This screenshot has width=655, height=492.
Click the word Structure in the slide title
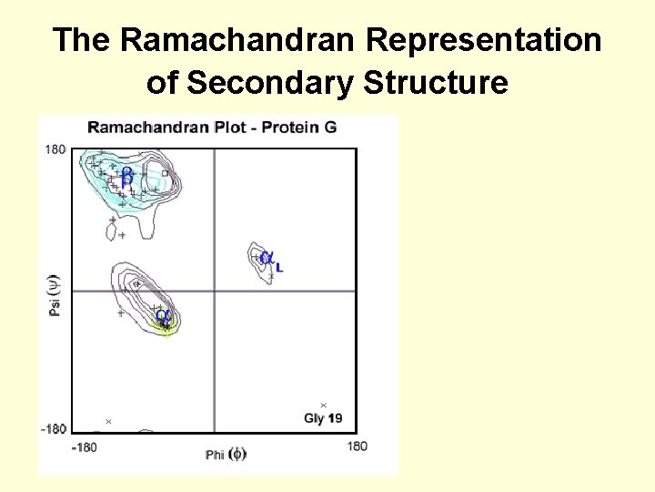point(436,83)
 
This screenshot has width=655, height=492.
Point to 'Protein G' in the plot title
point(299,127)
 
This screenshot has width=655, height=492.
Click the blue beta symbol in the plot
point(126,177)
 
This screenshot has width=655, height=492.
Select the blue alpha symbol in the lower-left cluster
point(162,315)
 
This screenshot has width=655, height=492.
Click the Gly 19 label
point(323,418)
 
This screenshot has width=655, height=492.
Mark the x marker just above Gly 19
point(323,405)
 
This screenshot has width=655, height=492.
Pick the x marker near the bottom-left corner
point(108,421)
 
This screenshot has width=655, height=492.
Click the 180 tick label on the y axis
point(55,149)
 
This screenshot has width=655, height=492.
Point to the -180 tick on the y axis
point(53,428)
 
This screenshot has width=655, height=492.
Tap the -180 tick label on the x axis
point(84,446)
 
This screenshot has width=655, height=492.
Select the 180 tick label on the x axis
point(357,446)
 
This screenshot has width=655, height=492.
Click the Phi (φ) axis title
point(225,454)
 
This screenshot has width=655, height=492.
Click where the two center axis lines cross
point(214,291)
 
